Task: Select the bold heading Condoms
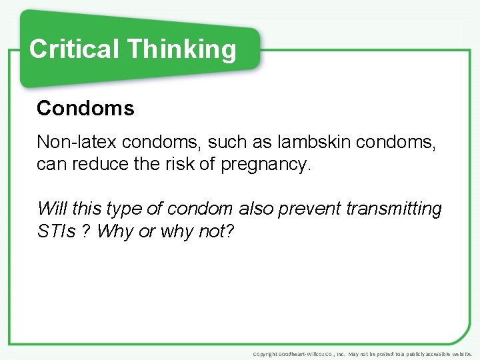[x=85, y=108]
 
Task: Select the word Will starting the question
[x=51, y=208]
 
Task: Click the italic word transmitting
[x=394, y=208]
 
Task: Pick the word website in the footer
[x=460, y=353]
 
